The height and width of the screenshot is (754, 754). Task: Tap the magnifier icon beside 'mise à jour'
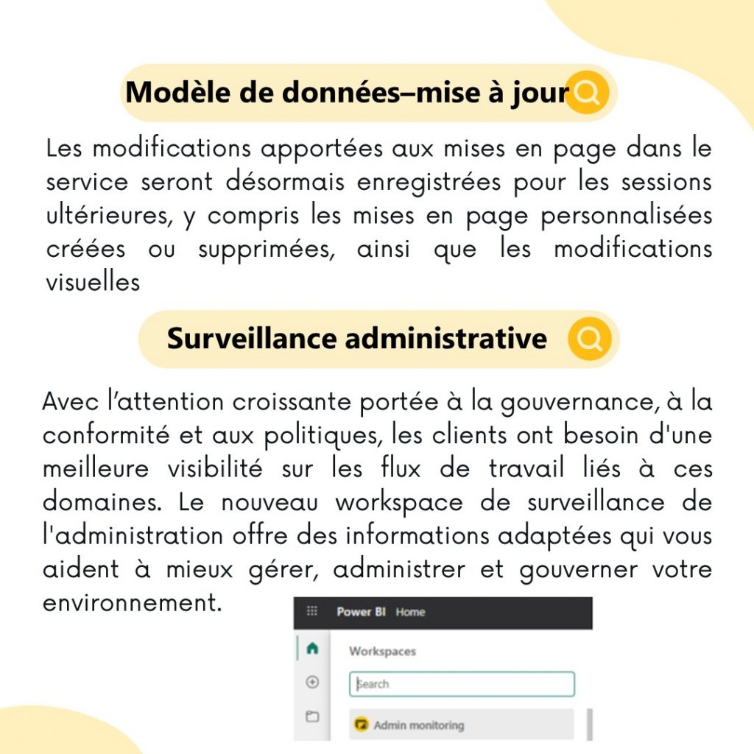click(x=588, y=93)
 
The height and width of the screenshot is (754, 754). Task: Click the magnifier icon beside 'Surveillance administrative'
click(x=590, y=339)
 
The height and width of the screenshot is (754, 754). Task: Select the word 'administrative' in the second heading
click(x=445, y=339)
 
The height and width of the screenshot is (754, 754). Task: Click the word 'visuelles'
click(x=93, y=282)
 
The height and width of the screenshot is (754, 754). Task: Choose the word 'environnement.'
click(x=133, y=603)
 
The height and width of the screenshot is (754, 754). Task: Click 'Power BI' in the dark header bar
click(x=361, y=612)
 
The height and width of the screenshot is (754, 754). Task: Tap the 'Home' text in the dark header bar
click(x=410, y=612)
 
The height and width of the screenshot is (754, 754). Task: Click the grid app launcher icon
click(x=312, y=611)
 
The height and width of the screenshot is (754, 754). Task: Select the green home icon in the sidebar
click(x=312, y=649)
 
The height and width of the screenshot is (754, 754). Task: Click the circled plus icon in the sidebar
click(x=312, y=683)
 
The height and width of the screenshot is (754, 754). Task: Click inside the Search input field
click(x=462, y=684)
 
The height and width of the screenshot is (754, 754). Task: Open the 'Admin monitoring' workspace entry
click(x=418, y=725)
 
